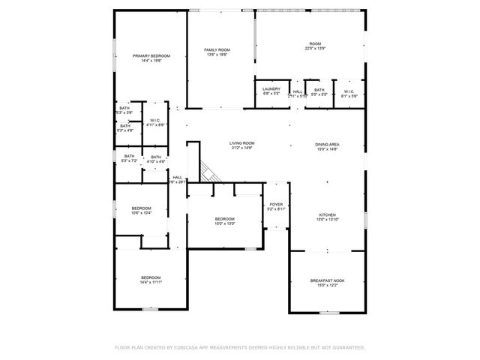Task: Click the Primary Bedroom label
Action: tap(151, 56)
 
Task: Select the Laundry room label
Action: tap(271, 90)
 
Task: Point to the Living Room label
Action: tap(242, 142)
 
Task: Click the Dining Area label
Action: tap(327, 144)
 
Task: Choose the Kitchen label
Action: tap(327, 214)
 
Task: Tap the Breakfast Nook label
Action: tap(327, 280)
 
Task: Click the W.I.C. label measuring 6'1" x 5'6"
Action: tap(349, 90)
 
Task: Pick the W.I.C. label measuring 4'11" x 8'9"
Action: tap(155, 120)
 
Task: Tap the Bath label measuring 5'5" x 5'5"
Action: tap(319, 90)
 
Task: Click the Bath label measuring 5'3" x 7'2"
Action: tap(130, 157)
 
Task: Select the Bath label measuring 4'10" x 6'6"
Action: tap(155, 157)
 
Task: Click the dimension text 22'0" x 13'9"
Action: tap(315, 49)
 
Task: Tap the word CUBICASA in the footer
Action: tap(190, 348)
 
